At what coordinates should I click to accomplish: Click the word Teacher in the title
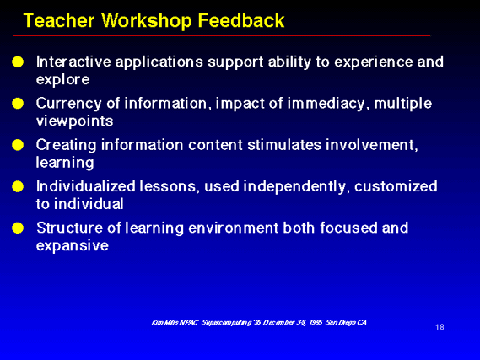pyautogui.click(x=59, y=21)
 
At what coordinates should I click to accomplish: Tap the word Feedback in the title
pyautogui.click(x=241, y=21)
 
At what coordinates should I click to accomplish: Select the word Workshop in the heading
pyautogui.click(x=146, y=21)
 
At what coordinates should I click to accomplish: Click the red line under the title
pyautogui.click(x=221, y=35)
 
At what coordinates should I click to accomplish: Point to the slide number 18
pyautogui.click(x=440, y=327)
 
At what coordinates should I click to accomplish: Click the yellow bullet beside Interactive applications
pyautogui.click(x=18, y=62)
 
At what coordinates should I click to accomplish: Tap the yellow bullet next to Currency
pyautogui.click(x=18, y=104)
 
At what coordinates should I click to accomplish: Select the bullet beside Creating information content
pyautogui.click(x=18, y=145)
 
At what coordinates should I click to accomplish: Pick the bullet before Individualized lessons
pyautogui.click(x=18, y=186)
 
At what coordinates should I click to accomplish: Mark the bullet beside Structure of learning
pyautogui.click(x=18, y=228)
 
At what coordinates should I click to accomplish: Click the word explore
pyautogui.click(x=62, y=80)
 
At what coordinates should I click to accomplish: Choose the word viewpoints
pyautogui.click(x=75, y=121)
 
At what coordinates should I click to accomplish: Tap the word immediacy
pyautogui.click(x=326, y=104)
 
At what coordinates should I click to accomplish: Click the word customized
pyautogui.click(x=396, y=186)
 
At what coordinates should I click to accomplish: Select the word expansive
pyautogui.click(x=73, y=246)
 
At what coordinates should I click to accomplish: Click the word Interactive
pyautogui.click(x=73, y=62)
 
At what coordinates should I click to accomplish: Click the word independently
pyautogui.click(x=294, y=186)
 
